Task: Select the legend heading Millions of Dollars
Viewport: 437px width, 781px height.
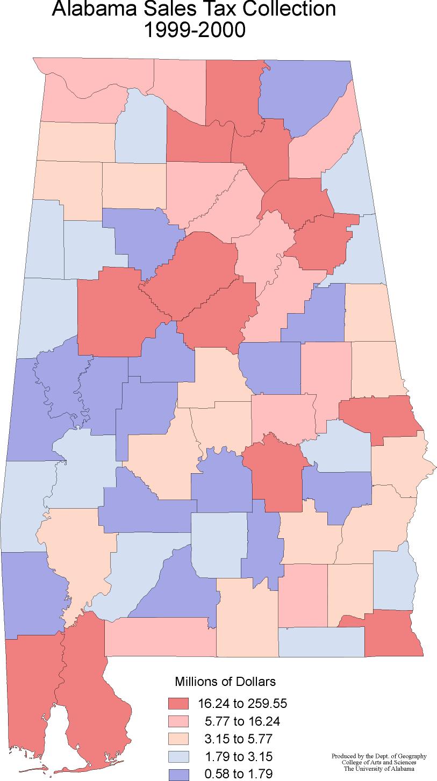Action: [x=225, y=682]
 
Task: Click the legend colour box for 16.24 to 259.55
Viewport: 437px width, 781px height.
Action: [x=178, y=703]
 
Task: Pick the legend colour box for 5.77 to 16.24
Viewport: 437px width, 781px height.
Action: [x=178, y=721]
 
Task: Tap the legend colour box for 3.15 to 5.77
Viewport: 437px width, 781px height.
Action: [x=178, y=739]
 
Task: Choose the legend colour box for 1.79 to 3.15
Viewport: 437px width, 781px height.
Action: [x=178, y=756]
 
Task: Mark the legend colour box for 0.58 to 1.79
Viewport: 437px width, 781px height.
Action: [x=178, y=773]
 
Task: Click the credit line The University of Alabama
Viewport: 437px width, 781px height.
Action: [x=379, y=768]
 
